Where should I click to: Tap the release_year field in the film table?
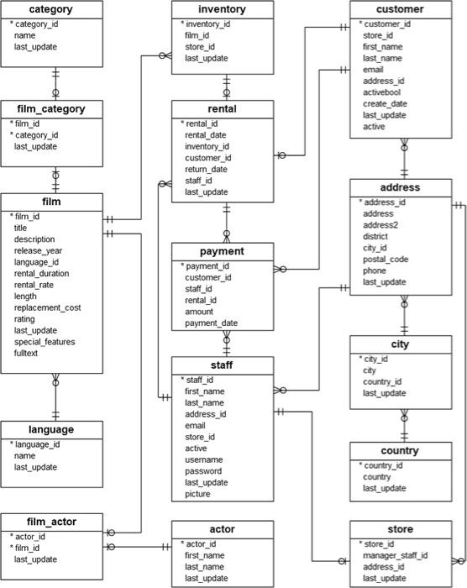[x=38, y=250]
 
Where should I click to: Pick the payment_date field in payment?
[x=212, y=323]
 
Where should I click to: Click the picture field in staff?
[x=199, y=495]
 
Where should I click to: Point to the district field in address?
[x=378, y=237]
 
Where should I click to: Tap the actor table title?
[x=223, y=529]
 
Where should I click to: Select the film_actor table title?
[x=52, y=522]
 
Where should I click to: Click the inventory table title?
[x=223, y=10]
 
